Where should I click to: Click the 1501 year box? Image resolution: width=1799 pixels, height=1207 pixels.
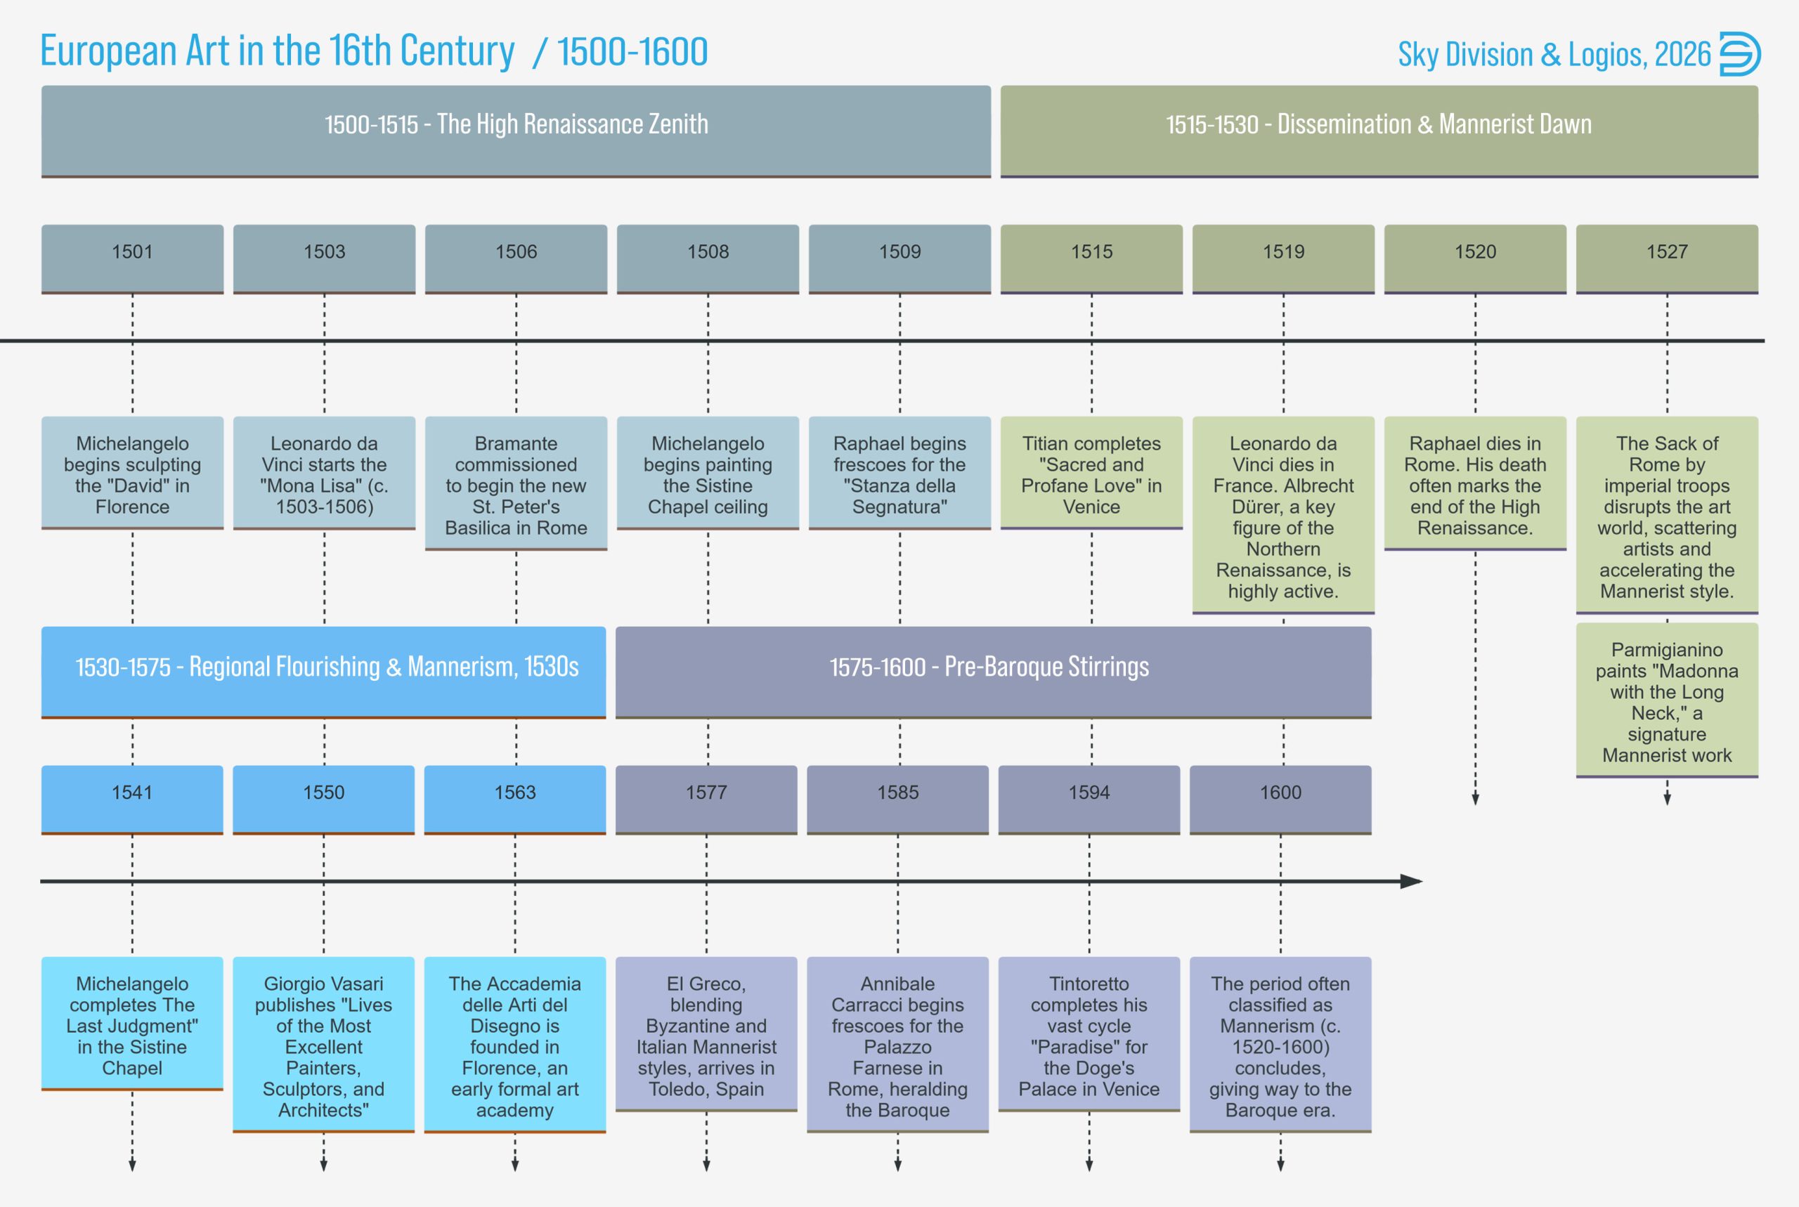[x=132, y=258]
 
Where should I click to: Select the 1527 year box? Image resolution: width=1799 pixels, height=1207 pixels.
[x=1667, y=258]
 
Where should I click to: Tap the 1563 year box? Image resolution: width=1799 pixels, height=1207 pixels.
[x=515, y=798]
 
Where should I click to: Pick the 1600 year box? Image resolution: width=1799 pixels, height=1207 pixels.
[x=1280, y=798]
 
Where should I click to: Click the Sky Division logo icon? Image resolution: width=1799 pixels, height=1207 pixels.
[x=1740, y=54]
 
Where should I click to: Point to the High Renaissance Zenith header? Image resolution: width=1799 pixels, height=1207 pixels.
[x=516, y=130]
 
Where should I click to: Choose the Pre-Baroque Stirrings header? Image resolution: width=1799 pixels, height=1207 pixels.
[x=993, y=671]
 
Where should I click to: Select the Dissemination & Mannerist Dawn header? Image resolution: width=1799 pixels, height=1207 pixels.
[x=1379, y=130]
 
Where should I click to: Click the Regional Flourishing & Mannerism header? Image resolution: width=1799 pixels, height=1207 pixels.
[x=323, y=671]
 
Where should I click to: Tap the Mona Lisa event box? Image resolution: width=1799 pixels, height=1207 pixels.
[x=324, y=473]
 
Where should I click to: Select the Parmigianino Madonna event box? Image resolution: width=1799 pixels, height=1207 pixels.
[x=1667, y=700]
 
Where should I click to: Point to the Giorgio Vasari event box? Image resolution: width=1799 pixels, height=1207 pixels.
[x=323, y=1045]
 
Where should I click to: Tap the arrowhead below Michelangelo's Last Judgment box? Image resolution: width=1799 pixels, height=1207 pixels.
[x=132, y=1165]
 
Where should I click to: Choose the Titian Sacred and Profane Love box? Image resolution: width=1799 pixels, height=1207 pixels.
[x=1091, y=473]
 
